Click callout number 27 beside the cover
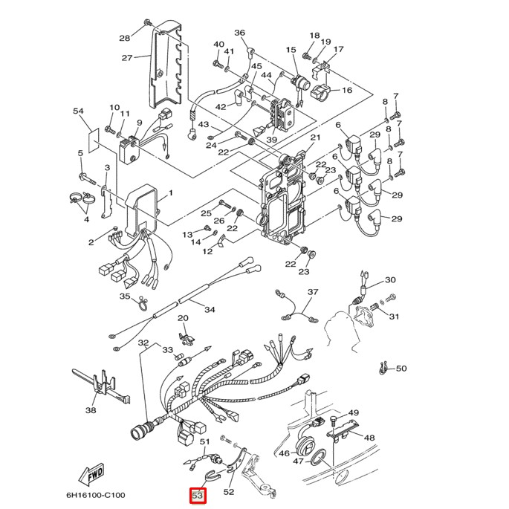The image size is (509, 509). coord(127,58)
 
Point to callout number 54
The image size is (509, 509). coord(79,111)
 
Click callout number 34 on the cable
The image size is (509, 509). coord(210,309)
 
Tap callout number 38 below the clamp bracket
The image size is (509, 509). coord(91,409)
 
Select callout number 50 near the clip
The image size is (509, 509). coord(401,369)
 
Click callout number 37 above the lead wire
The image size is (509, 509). coord(313,293)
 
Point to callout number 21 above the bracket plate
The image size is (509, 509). coord(314,138)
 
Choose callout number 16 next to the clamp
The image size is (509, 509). coord(346,91)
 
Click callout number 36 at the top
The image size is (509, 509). coord(239,33)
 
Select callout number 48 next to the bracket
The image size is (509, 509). coord(369,438)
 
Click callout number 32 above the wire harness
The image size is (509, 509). coord(143,343)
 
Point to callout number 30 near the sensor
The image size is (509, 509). coord(390,280)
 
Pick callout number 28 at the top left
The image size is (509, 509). coord(124,38)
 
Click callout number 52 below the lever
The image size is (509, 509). coord(229,491)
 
